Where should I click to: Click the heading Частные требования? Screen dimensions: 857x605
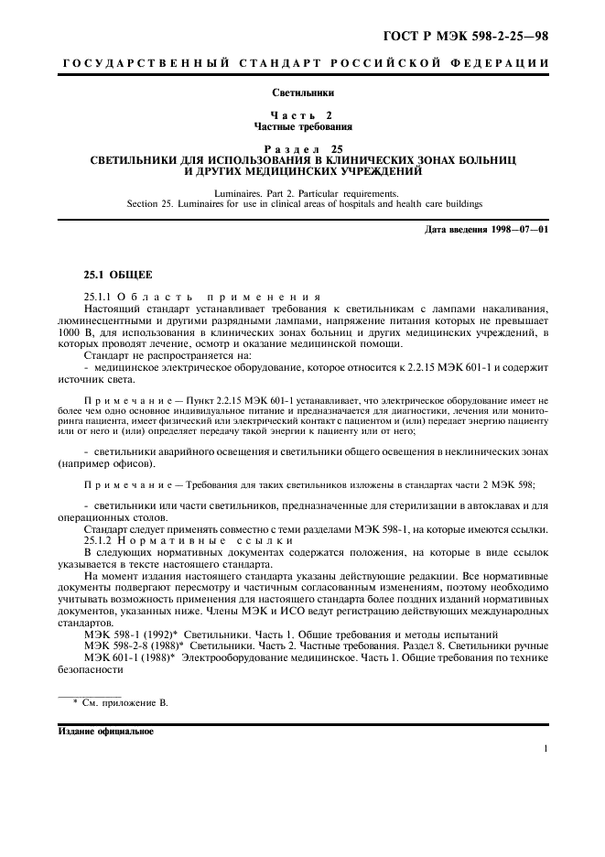point(303,126)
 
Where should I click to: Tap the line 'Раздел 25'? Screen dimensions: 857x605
point(303,148)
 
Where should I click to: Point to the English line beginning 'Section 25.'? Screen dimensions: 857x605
point(303,203)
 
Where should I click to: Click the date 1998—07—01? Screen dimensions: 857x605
point(518,229)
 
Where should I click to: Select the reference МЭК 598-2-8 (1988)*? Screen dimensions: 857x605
point(135,645)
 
